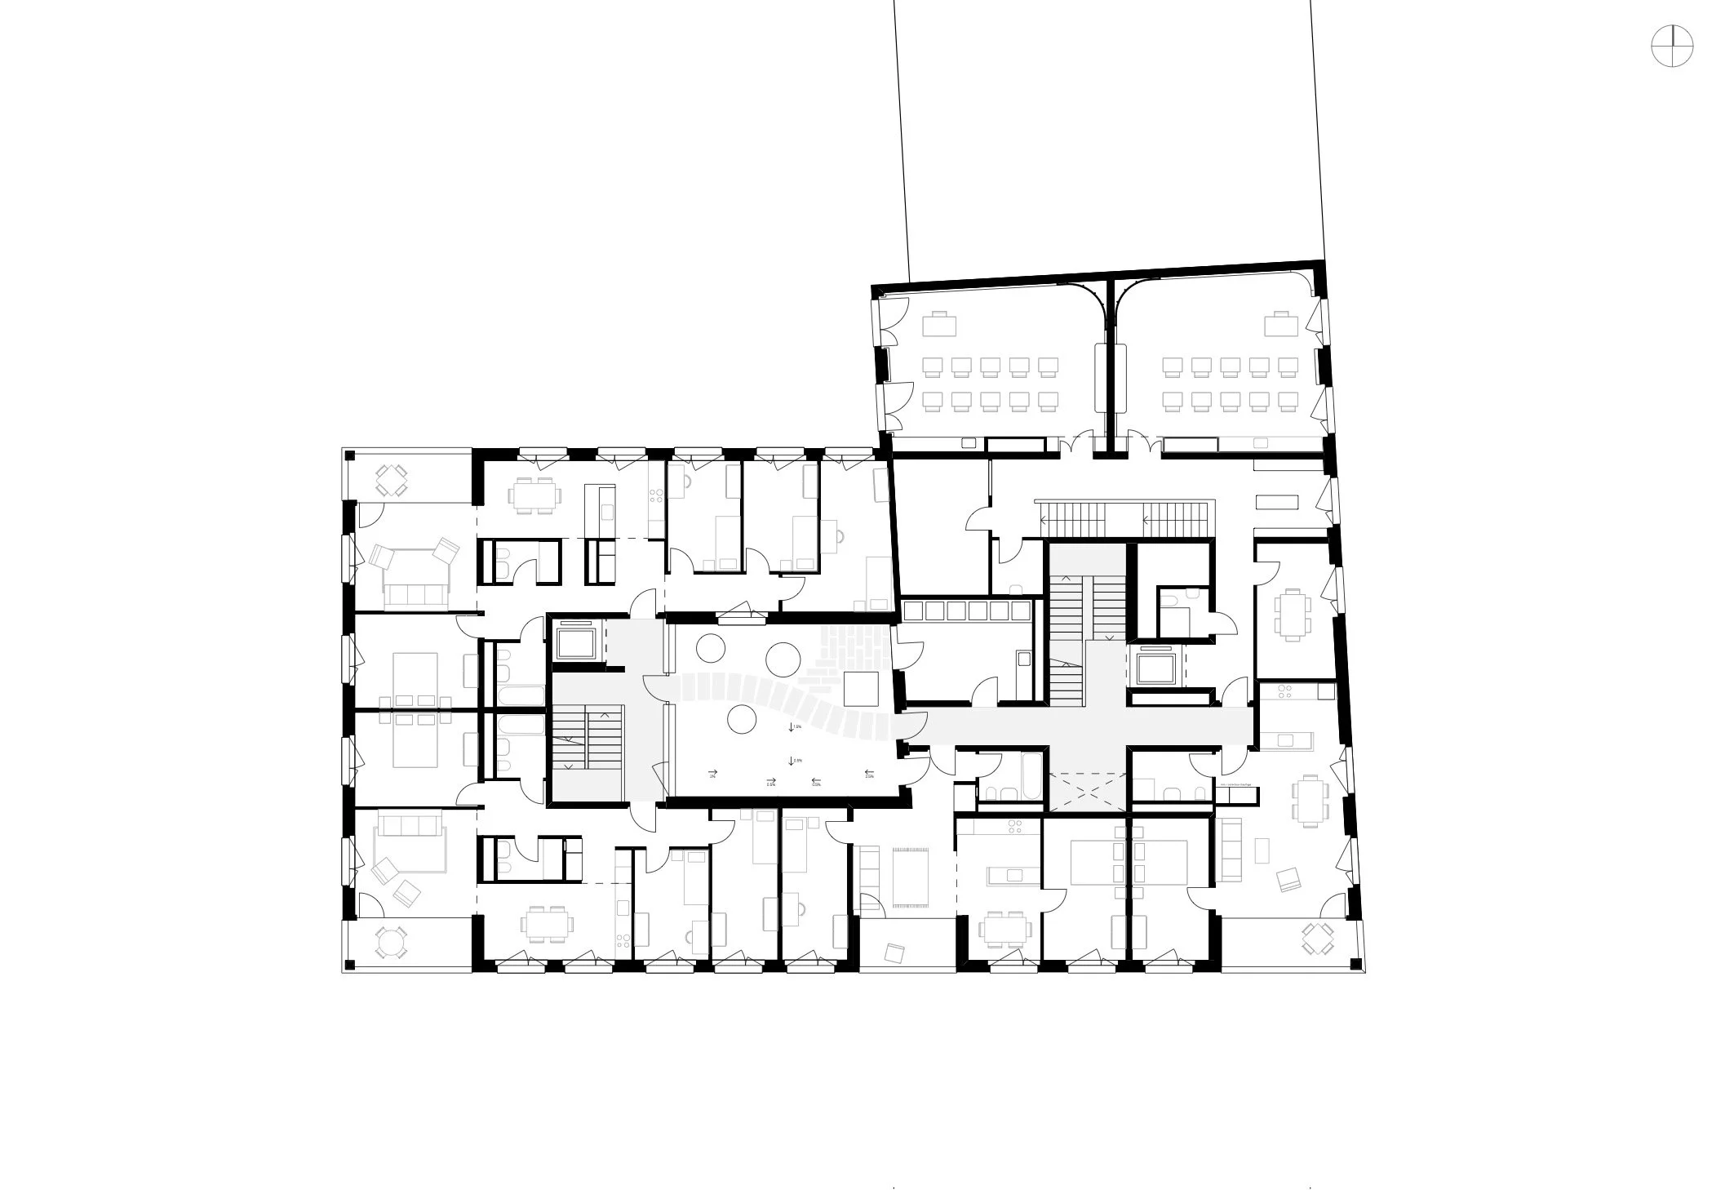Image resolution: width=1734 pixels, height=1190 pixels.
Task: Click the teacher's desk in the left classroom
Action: coord(938,326)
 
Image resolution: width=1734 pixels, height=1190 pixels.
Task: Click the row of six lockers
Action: coord(968,611)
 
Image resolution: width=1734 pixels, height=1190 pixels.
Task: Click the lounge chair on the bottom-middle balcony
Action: coord(895,952)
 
